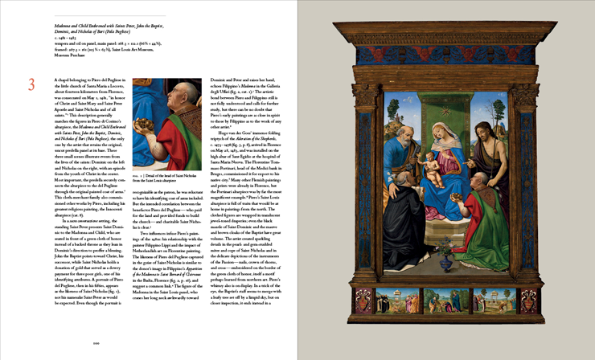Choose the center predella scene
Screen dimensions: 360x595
click(446, 301)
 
